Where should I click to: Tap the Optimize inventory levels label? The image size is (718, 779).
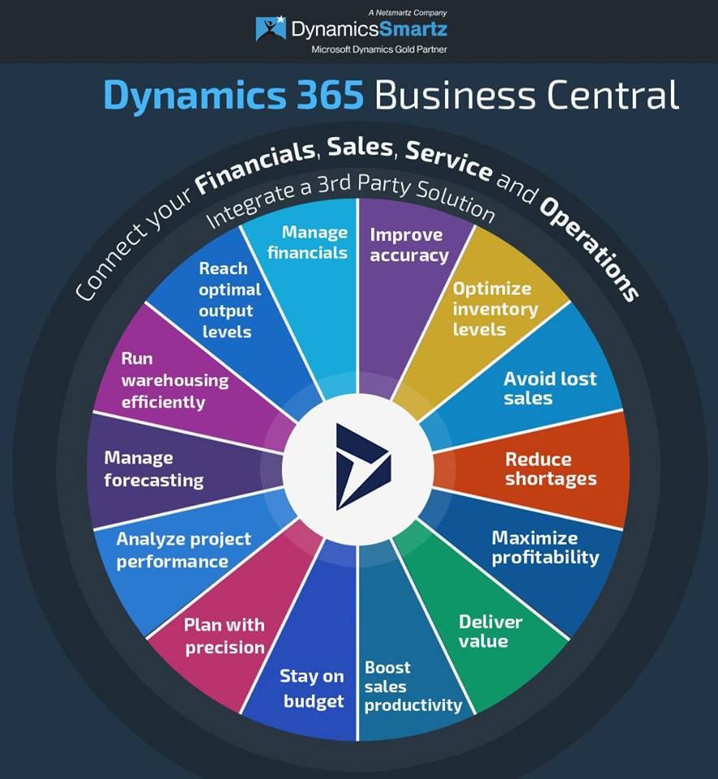(495, 309)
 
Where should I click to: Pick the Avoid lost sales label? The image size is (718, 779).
(550, 389)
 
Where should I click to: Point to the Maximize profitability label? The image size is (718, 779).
(545, 548)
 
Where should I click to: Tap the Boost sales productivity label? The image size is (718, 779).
(413, 686)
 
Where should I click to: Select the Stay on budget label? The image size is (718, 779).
(312, 688)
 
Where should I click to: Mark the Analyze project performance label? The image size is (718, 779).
(184, 550)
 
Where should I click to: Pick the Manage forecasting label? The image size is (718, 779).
(154, 469)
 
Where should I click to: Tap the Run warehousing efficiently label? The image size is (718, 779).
(175, 380)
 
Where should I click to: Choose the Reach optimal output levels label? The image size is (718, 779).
(229, 300)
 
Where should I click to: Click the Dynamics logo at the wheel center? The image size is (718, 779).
(363, 467)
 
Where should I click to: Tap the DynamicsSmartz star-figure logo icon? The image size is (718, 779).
(270, 28)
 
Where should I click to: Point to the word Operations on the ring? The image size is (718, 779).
(590, 248)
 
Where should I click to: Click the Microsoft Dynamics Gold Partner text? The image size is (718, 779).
(378, 49)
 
